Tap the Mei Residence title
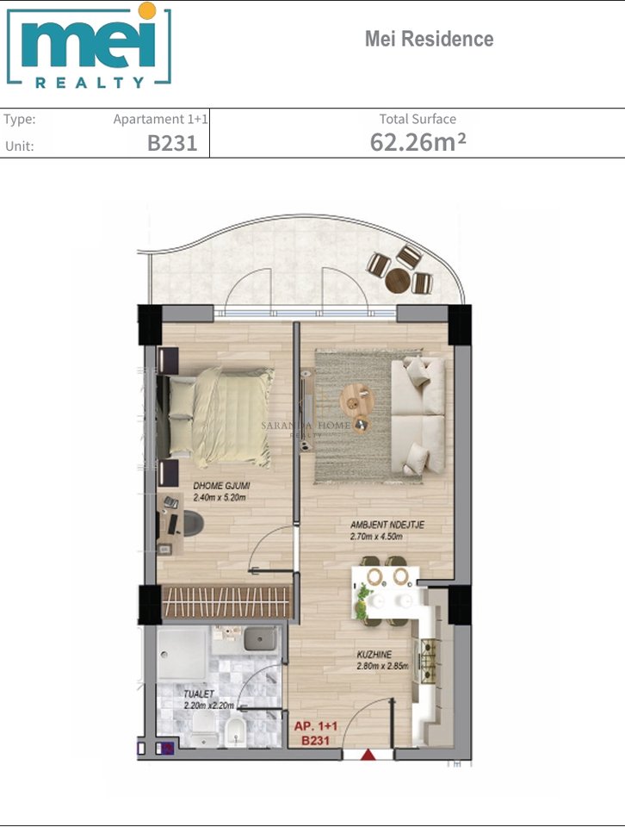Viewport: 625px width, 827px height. pos(429,39)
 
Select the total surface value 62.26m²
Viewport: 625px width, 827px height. pos(418,142)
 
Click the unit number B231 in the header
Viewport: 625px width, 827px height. pos(172,144)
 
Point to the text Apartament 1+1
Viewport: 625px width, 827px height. pos(160,120)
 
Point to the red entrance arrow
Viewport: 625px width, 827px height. pos(368,755)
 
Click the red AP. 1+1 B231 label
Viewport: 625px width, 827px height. pos(317,732)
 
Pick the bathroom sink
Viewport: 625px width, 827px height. pos(259,639)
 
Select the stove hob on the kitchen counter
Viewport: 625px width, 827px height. pos(428,660)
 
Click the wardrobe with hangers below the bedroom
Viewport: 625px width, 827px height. pos(223,601)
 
